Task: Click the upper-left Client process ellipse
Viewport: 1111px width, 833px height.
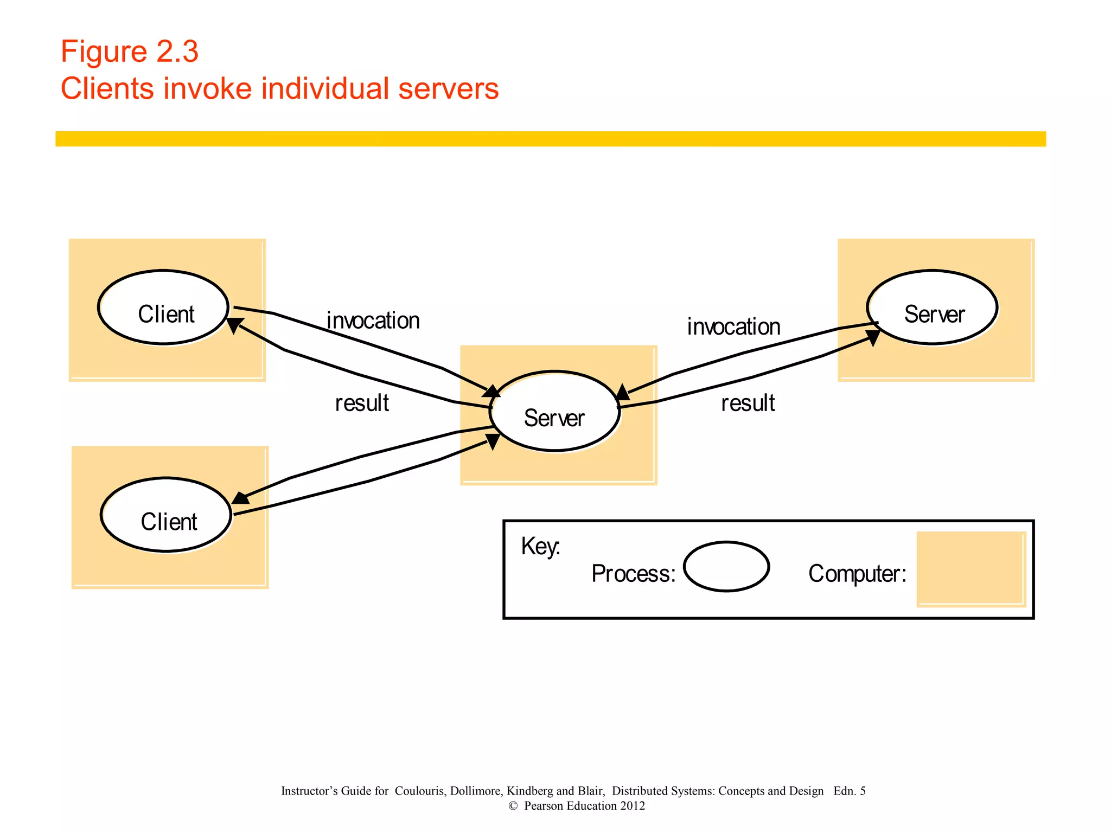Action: (x=163, y=307)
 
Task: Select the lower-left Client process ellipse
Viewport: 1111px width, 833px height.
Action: (x=166, y=515)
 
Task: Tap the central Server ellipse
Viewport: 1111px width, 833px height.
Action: (x=554, y=412)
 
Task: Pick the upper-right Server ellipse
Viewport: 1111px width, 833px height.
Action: (x=932, y=307)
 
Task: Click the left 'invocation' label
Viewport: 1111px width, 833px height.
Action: (x=373, y=321)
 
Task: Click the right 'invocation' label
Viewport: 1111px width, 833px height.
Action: (x=733, y=327)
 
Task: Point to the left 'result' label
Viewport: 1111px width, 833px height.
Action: (x=362, y=403)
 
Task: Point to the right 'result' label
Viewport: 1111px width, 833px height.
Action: (x=748, y=403)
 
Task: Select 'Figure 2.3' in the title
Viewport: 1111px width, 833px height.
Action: (x=130, y=52)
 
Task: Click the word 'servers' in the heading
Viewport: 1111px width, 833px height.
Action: (x=448, y=89)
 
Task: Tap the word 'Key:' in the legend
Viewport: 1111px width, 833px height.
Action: (x=540, y=547)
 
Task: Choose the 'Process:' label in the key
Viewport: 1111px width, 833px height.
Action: (x=633, y=574)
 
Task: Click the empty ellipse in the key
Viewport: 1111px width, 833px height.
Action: (x=726, y=567)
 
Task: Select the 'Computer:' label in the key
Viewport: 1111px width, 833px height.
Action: (x=857, y=574)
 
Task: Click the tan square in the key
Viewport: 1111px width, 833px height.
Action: (x=970, y=568)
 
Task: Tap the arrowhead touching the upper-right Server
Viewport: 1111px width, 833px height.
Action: (x=872, y=337)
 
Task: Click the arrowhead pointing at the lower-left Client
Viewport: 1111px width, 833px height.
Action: (x=240, y=497)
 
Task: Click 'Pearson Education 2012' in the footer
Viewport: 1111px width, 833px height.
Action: (x=584, y=806)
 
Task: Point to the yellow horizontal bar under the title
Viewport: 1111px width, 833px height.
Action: (x=550, y=139)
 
